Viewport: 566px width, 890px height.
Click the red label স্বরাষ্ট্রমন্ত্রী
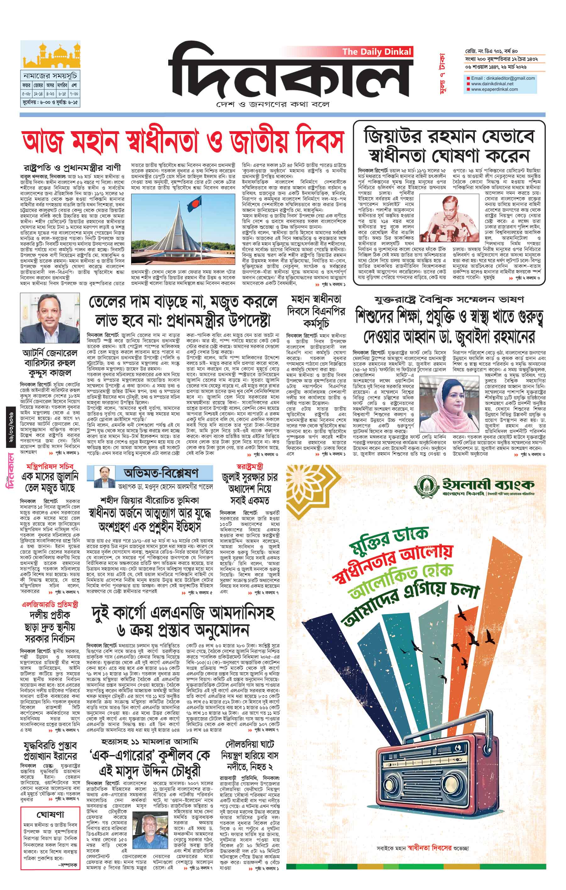[249, 467]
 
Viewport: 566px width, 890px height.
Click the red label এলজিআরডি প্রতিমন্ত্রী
[50, 605]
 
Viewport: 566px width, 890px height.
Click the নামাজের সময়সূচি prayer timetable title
[50, 76]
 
